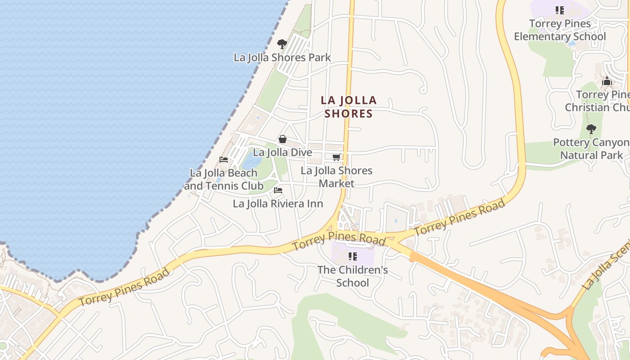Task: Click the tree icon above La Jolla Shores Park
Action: pos(282,44)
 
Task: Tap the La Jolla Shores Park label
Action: pos(282,58)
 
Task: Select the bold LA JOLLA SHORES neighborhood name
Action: pos(349,107)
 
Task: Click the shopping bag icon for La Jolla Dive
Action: pos(283,139)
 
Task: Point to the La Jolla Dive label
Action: pos(282,153)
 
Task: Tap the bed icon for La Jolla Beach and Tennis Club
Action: pos(224,160)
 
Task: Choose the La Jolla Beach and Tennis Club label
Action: pos(224,179)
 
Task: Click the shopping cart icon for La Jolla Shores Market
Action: pos(336,157)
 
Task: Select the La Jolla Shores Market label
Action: pos(337,177)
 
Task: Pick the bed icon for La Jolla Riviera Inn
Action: pos(278,190)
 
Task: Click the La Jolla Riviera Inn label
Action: pos(278,204)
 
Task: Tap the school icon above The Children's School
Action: pos(353,256)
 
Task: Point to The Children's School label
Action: pos(353,276)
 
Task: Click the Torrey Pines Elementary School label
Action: pos(560,30)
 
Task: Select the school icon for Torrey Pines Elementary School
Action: pos(560,10)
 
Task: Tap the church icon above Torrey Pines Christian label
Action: pos(607,81)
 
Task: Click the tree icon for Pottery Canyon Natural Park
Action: pos(591,129)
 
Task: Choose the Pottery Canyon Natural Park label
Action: pos(591,149)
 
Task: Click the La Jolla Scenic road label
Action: pos(605,270)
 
